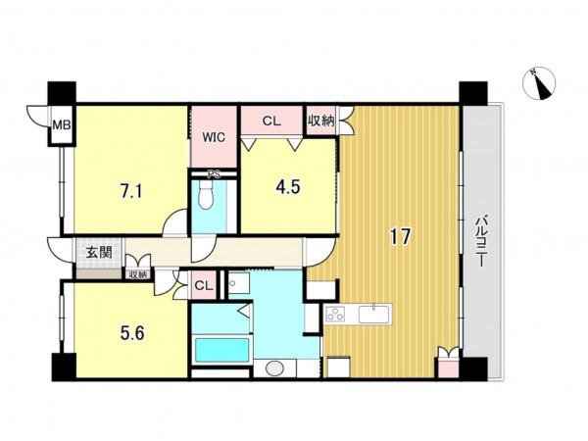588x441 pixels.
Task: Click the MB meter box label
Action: pos(62,124)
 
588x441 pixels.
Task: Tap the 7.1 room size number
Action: pos(131,192)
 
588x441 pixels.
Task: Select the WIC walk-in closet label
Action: pos(214,137)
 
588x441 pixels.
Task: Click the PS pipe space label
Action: pos(214,174)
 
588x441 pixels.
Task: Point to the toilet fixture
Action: pos(205,195)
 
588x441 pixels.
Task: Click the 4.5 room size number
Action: pos(288,187)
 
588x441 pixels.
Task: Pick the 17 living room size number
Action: pos(400,236)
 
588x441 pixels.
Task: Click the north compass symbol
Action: pos(539,84)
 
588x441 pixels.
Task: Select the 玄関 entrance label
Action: pos(99,253)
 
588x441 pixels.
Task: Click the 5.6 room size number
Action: pos(132,332)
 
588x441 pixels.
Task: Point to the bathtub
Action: pos(222,350)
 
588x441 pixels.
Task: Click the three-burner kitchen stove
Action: pos(335,314)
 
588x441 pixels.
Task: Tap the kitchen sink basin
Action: pos(373,315)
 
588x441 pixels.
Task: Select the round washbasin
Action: pos(275,367)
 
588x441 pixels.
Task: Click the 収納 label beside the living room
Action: pos(321,121)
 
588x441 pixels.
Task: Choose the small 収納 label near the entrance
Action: pos(138,274)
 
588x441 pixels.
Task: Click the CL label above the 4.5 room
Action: pos(271,121)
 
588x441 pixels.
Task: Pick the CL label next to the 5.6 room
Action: pos(204,286)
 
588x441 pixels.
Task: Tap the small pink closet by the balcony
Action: pos(448,367)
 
